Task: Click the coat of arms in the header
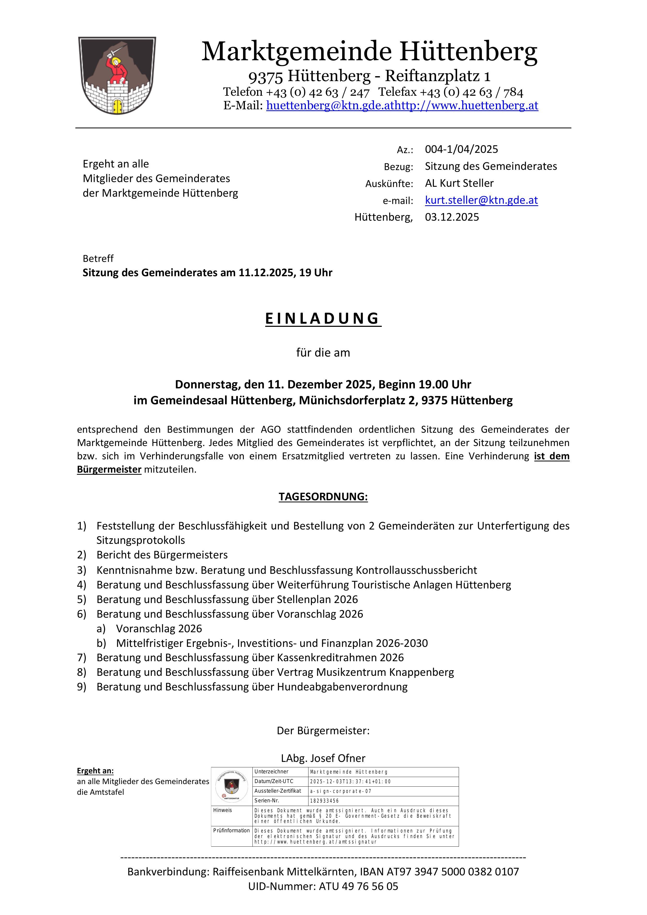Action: [x=117, y=76]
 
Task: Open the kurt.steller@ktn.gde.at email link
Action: [x=481, y=200]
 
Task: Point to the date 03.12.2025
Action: [x=452, y=217]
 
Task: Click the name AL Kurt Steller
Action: [x=459, y=183]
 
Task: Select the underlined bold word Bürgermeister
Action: [x=109, y=469]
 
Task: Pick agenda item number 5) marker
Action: [x=82, y=599]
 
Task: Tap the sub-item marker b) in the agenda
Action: [x=101, y=643]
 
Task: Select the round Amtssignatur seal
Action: [x=232, y=786]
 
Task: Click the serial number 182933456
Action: [x=324, y=801]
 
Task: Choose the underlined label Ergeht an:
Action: [x=95, y=771]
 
